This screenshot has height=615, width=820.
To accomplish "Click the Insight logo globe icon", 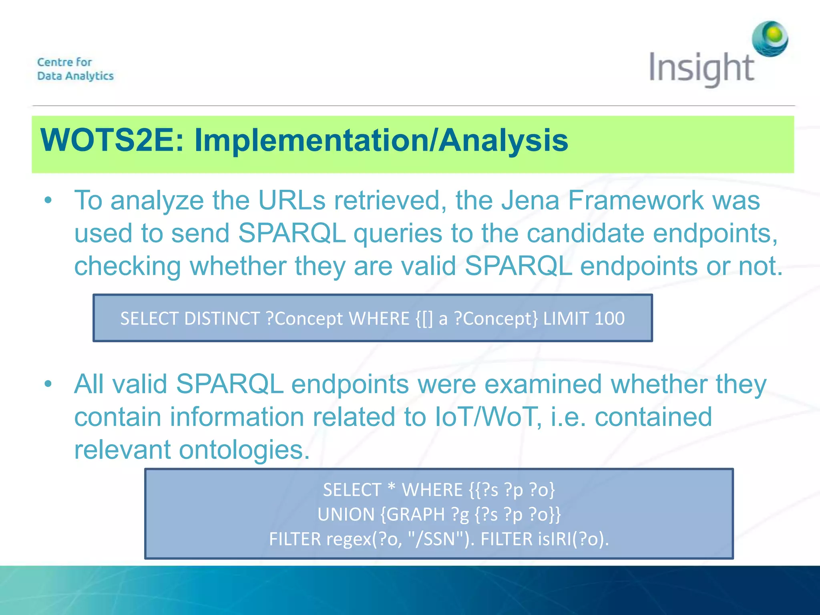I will [770, 39].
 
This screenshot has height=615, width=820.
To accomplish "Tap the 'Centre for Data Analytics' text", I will [75, 69].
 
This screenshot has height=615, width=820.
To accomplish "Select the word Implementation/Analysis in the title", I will [381, 141].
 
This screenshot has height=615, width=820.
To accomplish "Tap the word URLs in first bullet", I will [292, 200].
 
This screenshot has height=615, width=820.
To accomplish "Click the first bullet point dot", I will [48, 200].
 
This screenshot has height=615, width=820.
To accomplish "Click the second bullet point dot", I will [48, 384].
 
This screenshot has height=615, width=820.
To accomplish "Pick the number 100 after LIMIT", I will [609, 319].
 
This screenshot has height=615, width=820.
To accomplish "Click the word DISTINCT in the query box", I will [222, 319].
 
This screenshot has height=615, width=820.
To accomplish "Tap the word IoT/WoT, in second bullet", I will [488, 417].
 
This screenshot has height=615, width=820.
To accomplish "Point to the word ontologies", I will [244, 450].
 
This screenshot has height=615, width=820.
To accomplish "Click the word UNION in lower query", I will [346, 515].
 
